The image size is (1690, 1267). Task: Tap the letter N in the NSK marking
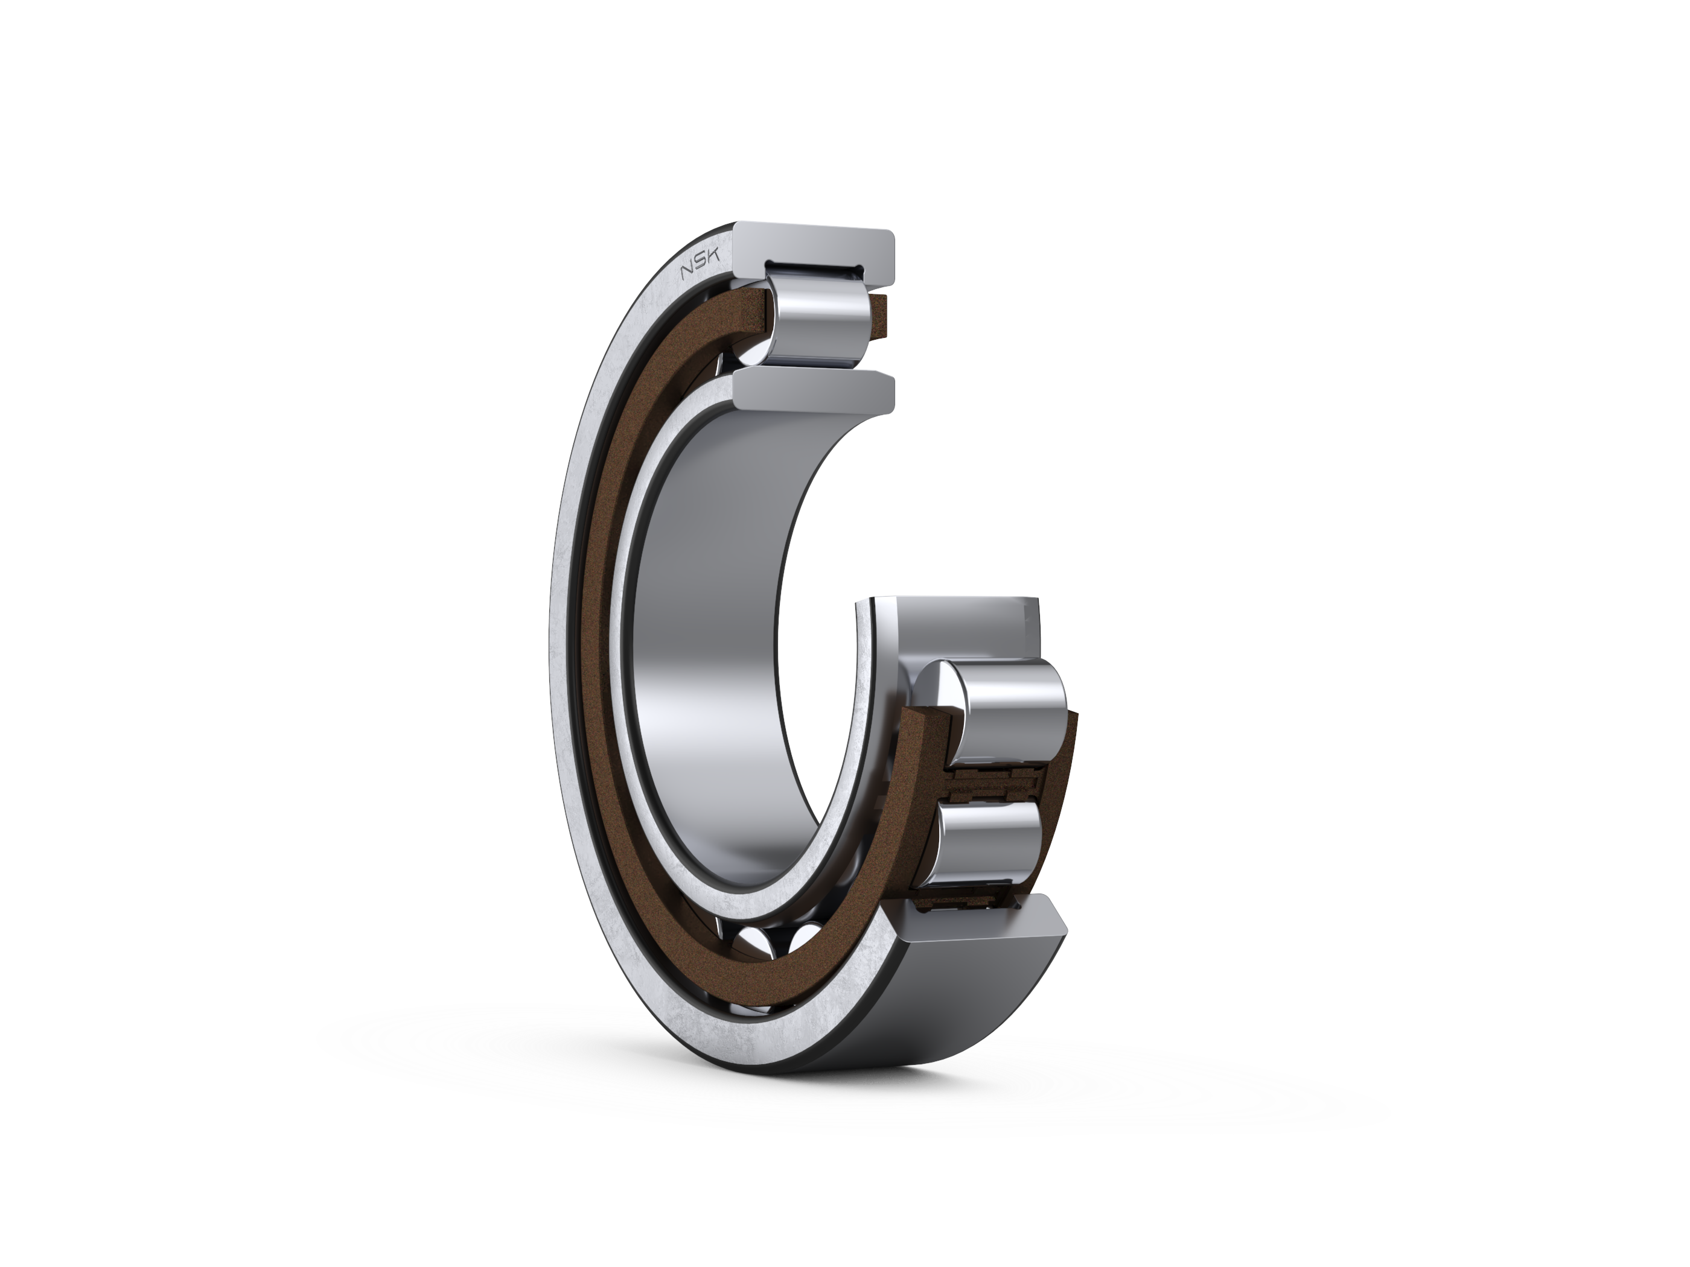pyautogui.click(x=687, y=276)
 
